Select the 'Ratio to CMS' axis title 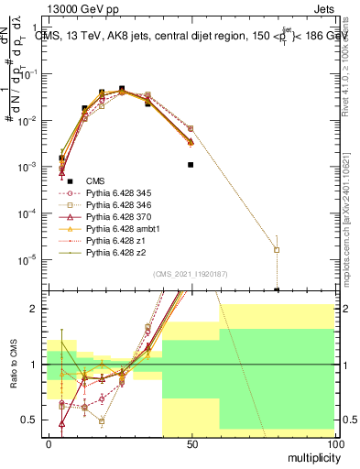13,364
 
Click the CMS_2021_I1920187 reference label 191,274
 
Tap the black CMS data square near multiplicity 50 191,165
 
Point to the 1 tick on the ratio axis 36,365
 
